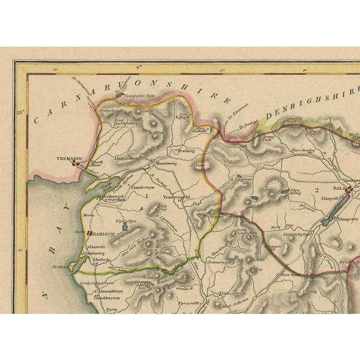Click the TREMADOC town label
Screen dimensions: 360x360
coord(66,159)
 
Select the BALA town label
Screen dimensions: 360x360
coord(339,190)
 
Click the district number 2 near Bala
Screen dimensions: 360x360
coord(317,190)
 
